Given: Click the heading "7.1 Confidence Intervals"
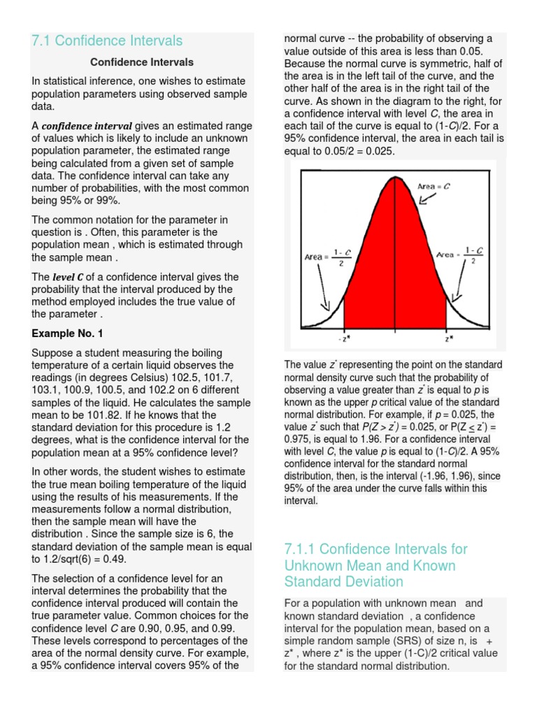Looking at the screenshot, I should pyautogui.click(x=107, y=41).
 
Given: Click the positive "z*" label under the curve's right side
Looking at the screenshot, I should pyautogui.click(x=448, y=338).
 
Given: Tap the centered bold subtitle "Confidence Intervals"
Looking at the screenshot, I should pyautogui.click(x=142, y=62).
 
